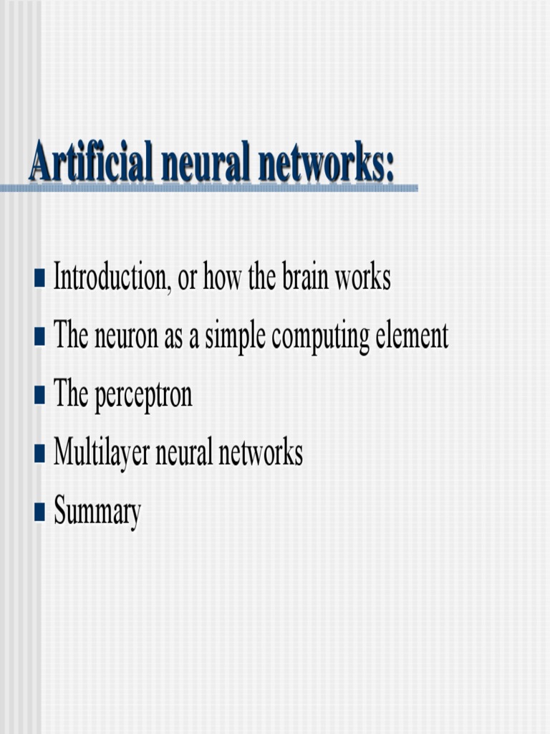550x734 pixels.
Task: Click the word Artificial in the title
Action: pos(91,163)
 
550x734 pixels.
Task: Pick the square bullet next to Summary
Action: pos(39,513)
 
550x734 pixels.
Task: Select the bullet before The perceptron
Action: pos(39,395)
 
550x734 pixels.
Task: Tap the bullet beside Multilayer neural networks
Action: pos(39,454)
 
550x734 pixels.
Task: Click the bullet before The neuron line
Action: pos(39,335)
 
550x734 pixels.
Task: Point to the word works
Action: pos(364,277)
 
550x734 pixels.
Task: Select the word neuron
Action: pos(127,336)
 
